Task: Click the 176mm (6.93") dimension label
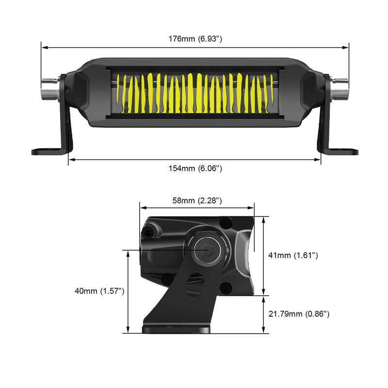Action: (x=195, y=38)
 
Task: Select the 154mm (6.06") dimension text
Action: (x=195, y=168)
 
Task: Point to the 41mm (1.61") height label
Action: (x=293, y=255)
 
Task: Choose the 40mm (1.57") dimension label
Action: (x=100, y=291)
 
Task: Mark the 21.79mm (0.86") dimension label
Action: (x=299, y=314)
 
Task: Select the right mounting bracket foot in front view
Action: (x=342, y=152)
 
